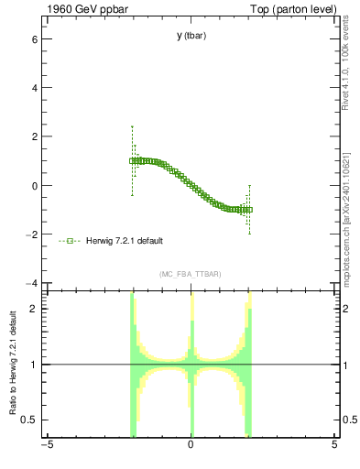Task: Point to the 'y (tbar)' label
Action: point(191,36)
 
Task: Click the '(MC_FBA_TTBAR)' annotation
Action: point(191,274)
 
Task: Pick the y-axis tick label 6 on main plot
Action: point(33,40)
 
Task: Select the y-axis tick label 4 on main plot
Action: point(33,89)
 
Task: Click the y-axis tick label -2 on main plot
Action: point(30,234)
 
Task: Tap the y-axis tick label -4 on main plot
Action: point(30,282)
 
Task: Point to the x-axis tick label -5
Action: point(46,446)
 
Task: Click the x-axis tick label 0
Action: point(191,446)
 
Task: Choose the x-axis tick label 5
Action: point(334,446)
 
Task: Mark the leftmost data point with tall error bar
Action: point(132,160)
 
